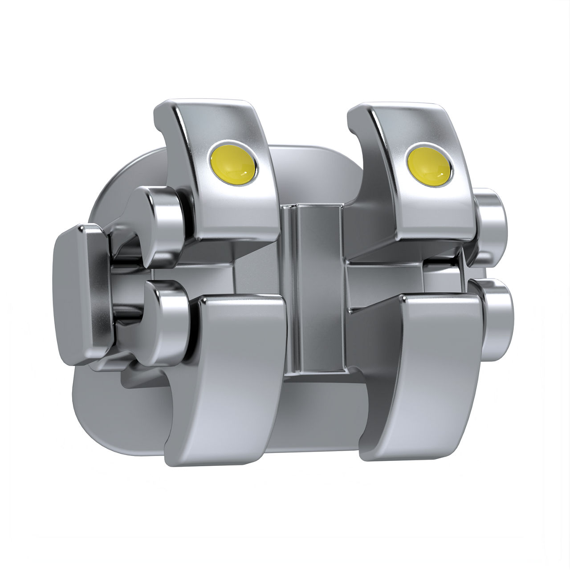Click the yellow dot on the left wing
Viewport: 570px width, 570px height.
(x=232, y=164)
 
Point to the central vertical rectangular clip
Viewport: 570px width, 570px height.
(x=318, y=289)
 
